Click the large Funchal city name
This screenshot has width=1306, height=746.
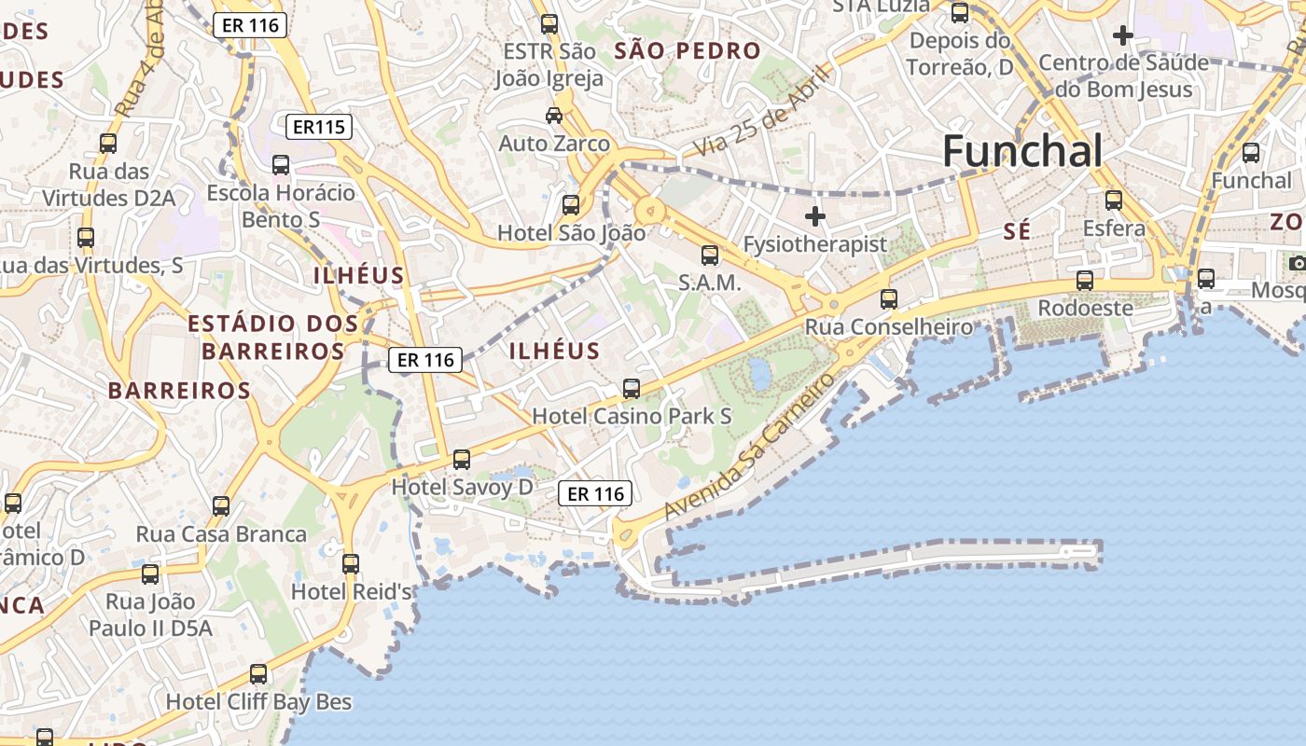(x=1022, y=151)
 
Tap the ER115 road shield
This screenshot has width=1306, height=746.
(x=318, y=127)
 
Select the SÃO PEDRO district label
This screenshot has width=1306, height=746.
(x=688, y=51)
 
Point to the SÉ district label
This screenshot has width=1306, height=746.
(x=1018, y=231)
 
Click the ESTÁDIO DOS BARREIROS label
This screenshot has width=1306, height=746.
(x=272, y=338)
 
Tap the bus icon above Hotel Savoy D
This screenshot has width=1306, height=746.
(x=462, y=459)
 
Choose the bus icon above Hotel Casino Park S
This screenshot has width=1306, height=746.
(x=632, y=389)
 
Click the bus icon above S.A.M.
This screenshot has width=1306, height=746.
(x=710, y=255)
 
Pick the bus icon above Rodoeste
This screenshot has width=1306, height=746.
(x=1084, y=280)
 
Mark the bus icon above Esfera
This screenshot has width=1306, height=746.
(x=1113, y=200)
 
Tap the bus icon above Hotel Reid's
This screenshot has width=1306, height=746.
(x=351, y=564)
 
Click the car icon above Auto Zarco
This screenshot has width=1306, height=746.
(x=554, y=115)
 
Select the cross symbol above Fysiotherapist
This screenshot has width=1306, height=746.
(x=815, y=216)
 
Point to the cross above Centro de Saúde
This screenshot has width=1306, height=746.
(x=1123, y=35)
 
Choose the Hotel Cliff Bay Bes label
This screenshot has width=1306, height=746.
(x=258, y=701)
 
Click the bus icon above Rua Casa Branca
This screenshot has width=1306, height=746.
(x=221, y=506)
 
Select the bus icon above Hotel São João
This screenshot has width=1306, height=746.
(x=571, y=205)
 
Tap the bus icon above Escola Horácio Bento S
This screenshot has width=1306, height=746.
(x=281, y=165)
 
